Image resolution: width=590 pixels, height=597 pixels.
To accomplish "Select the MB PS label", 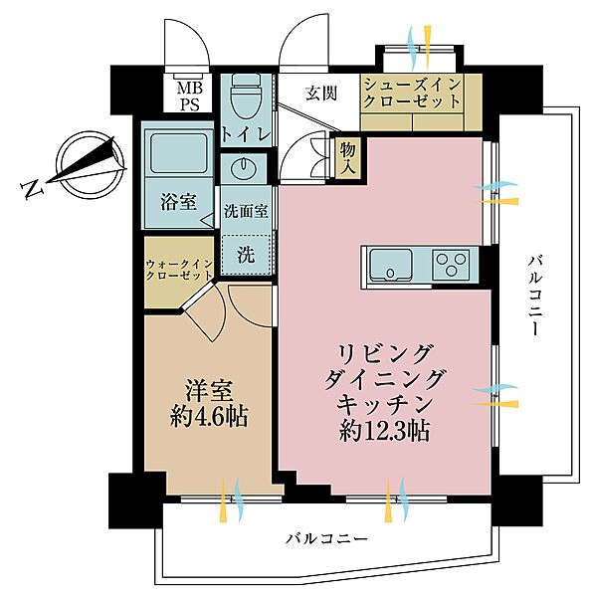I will (x=187, y=97).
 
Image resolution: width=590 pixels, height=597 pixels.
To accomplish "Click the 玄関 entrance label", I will (x=320, y=94).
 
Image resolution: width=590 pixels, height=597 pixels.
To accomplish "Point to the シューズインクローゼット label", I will (x=411, y=94).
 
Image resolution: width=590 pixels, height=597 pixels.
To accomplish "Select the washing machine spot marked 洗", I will (x=244, y=253).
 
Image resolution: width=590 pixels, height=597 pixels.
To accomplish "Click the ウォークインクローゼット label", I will (x=179, y=270).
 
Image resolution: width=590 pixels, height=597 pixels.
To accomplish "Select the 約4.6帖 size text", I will (x=208, y=414).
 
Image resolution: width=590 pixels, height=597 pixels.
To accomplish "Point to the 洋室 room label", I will (x=208, y=386).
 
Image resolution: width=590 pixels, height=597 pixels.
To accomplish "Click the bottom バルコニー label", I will (x=327, y=538).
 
